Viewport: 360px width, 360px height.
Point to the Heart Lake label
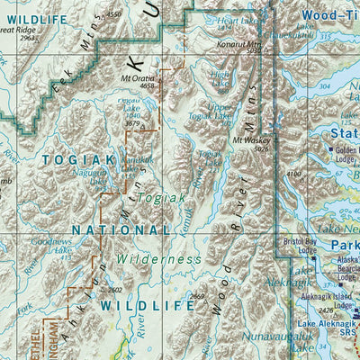pyautogui.click(x=238, y=21)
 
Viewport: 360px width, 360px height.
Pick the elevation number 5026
pyautogui.click(x=261, y=148)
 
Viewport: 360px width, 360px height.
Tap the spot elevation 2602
pyautogui.click(x=113, y=290)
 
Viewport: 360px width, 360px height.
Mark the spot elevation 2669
pyautogui.click(x=198, y=296)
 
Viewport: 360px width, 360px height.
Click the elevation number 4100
pyautogui.click(x=294, y=174)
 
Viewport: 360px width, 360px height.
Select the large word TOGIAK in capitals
pyautogui.click(x=78, y=159)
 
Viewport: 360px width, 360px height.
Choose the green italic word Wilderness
pyautogui.click(x=158, y=259)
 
